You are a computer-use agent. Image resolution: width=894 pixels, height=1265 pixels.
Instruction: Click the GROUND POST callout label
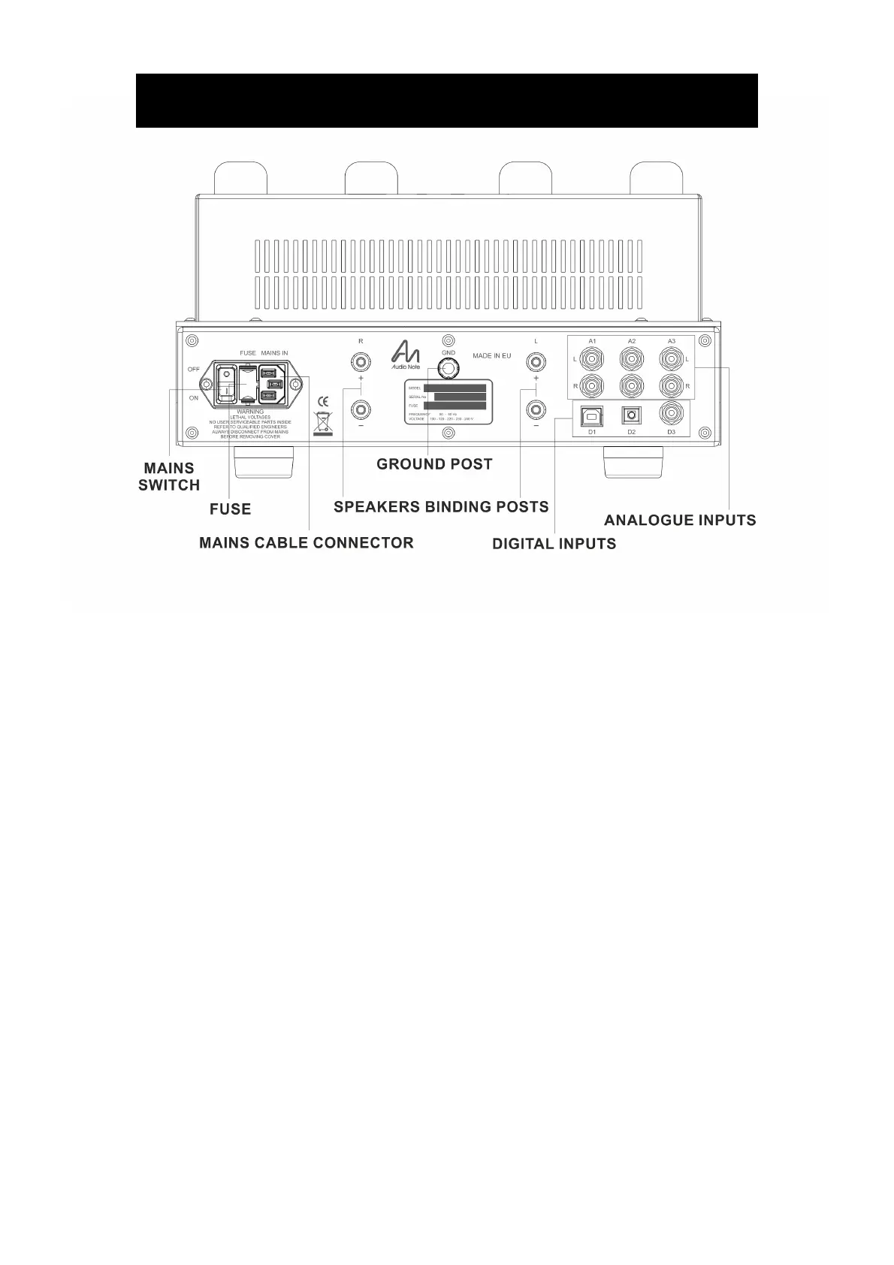(434, 464)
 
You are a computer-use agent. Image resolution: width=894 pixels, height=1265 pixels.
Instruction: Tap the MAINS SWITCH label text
(168, 477)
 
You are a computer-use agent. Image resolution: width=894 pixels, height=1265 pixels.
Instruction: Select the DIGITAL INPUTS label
(554, 544)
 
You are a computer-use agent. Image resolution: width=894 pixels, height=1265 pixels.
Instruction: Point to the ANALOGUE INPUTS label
(680, 520)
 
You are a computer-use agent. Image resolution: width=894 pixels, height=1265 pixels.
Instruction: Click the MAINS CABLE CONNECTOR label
(306, 542)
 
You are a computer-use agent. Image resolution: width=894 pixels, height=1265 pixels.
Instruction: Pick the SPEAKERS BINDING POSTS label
(441, 506)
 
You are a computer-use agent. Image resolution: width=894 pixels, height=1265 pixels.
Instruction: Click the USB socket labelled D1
(592, 414)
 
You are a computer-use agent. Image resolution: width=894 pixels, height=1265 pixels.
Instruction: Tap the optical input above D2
(631, 414)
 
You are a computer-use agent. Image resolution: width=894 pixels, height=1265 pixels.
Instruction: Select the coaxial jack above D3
(671, 412)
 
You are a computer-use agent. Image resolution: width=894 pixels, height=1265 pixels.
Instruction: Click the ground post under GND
(449, 368)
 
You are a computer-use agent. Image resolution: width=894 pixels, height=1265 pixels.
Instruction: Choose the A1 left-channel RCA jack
(592, 359)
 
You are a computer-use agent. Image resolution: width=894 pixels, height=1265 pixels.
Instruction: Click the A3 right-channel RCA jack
(671, 386)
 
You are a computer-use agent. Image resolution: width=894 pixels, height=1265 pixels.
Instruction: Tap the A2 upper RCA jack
(631, 359)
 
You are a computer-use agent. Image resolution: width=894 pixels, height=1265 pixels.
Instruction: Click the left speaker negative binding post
(536, 410)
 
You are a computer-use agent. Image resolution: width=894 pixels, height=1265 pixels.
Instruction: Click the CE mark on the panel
(324, 400)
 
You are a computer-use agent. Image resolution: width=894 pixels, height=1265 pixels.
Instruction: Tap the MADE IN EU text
(492, 355)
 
